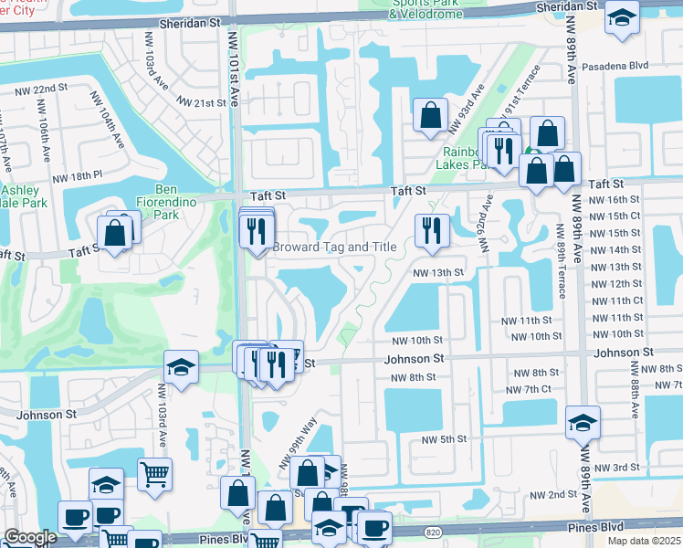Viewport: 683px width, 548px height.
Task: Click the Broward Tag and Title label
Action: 335,248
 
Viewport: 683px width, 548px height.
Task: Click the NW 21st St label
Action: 202,103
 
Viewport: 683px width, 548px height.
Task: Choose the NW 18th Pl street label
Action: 79,177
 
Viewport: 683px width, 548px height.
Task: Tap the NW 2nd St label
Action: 546,494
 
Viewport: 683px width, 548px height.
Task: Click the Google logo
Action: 30,537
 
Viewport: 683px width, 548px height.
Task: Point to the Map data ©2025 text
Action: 644,541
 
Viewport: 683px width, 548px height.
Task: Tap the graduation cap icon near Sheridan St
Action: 622,19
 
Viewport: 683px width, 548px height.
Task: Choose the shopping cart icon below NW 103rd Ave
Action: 154,473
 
